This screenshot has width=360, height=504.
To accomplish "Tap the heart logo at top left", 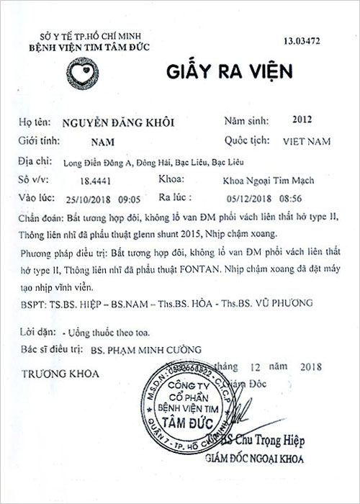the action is click(81, 71).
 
